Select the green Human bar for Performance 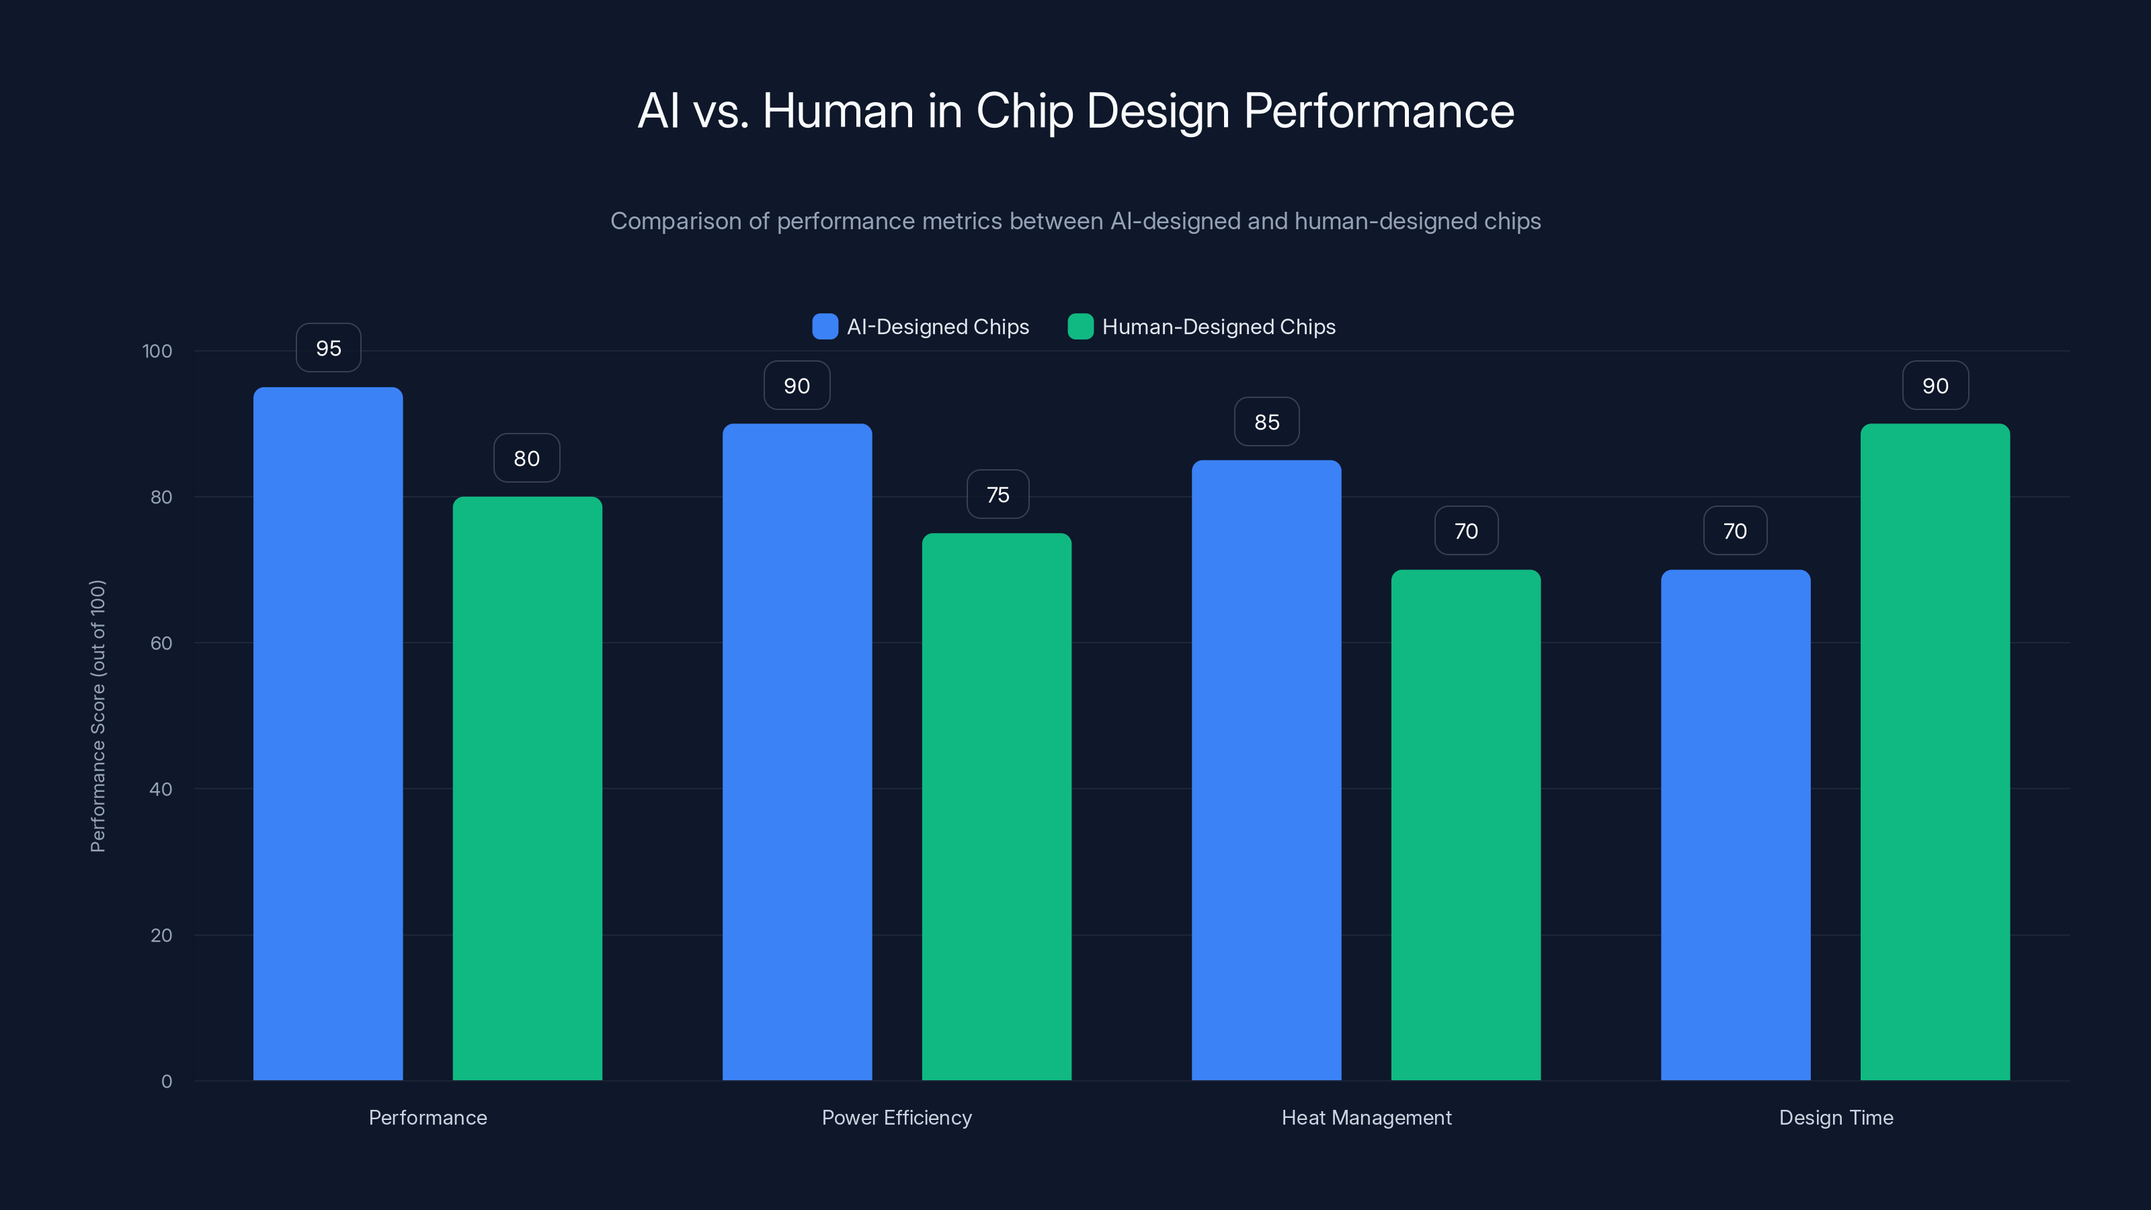pyautogui.click(x=527, y=789)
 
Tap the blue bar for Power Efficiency pyautogui.click(x=797, y=752)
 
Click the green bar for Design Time pyautogui.click(x=1935, y=752)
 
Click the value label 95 pyautogui.click(x=328, y=348)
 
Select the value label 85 pyautogui.click(x=1266, y=423)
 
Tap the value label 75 pyautogui.click(x=998, y=495)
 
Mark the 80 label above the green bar pyautogui.click(x=527, y=458)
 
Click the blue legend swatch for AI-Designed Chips pyautogui.click(x=825, y=327)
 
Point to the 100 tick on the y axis pyautogui.click(x=157, y=352)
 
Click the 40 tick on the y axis pyautogui.click(x=161, y=789)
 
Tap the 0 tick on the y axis pyautogui.click(x=166, y=1082)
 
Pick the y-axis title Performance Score pyautogui.click(x=97, y=716)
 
